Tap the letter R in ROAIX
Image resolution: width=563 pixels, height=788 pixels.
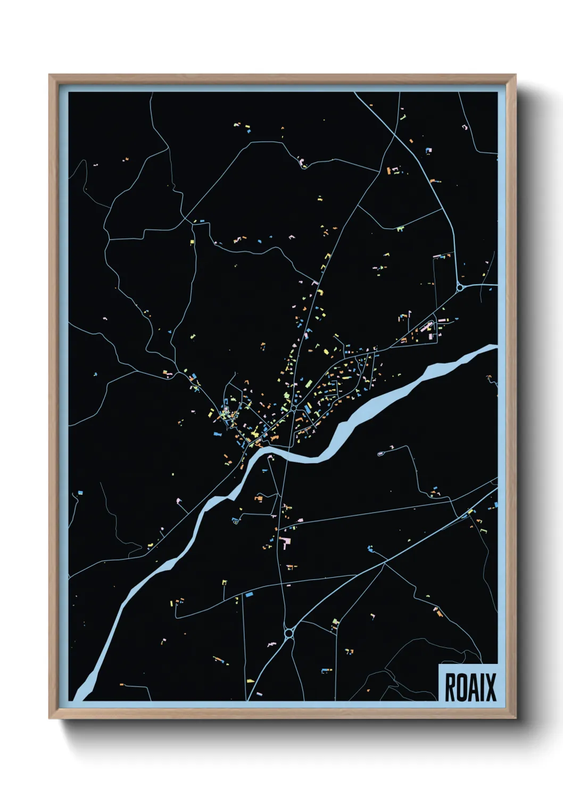point(450,687)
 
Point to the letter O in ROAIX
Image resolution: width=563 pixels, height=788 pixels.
point(461,687)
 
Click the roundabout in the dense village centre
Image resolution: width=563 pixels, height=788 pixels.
point(293,408)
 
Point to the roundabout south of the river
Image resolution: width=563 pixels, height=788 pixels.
point(289,633)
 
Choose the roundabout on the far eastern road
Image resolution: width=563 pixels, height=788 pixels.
point(459,288)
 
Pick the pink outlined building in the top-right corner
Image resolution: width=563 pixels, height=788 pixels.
point(464,127)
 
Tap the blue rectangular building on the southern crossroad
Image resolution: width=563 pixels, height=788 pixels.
point(247,593)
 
